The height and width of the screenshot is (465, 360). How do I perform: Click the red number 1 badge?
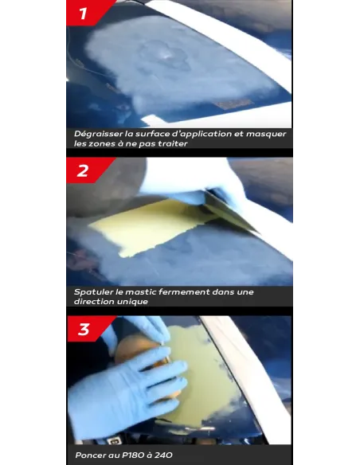pyautogui.click(x=88, y=13)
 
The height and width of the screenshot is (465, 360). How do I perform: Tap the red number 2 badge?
pyautogui.click(x=87, y=170)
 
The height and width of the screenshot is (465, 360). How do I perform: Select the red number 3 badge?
pyautogui.click(x=88, y=329)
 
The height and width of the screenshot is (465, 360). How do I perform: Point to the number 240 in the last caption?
pyautogui.click(x=163, y=455)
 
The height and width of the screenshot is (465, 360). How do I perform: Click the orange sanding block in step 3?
pyautogui.click(x=143, y=356)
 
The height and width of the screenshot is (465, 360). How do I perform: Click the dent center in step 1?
pyautogui.click(x=163, y=55)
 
